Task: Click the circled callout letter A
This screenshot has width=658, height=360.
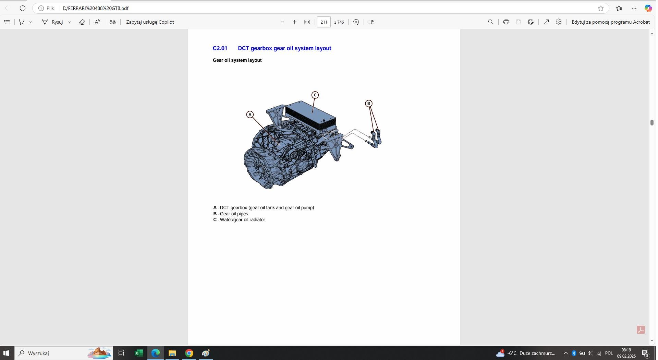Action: point(250,115)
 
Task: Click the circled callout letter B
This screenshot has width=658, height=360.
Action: point(368,104)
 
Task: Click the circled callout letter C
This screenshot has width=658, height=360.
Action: point(315,95)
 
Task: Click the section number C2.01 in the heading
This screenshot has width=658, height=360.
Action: point(220,48)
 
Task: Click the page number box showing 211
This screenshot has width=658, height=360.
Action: point(324,22)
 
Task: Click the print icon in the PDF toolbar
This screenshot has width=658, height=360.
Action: point(506,22)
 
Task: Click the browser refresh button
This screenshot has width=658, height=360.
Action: point(23,8)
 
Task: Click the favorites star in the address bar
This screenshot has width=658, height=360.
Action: point(600,8)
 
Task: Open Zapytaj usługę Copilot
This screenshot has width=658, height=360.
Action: point(150,22)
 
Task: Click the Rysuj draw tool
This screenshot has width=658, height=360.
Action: point(53,22)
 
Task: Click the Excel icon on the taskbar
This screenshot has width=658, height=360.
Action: point(138,353)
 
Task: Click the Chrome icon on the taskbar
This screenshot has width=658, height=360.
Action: point(189,353)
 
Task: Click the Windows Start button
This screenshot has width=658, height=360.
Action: point(6,353)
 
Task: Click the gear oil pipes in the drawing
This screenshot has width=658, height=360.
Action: point(377,139)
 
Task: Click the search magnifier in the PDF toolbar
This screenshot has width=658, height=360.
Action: point(490,22)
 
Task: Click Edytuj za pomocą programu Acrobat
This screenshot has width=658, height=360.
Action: point(610,22)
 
